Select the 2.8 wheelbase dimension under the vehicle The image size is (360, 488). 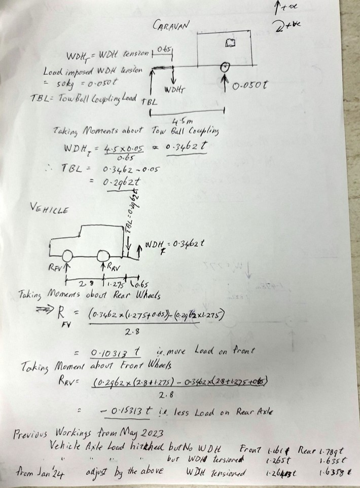point(83,284)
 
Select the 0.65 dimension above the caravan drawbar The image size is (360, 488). point(164,50)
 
